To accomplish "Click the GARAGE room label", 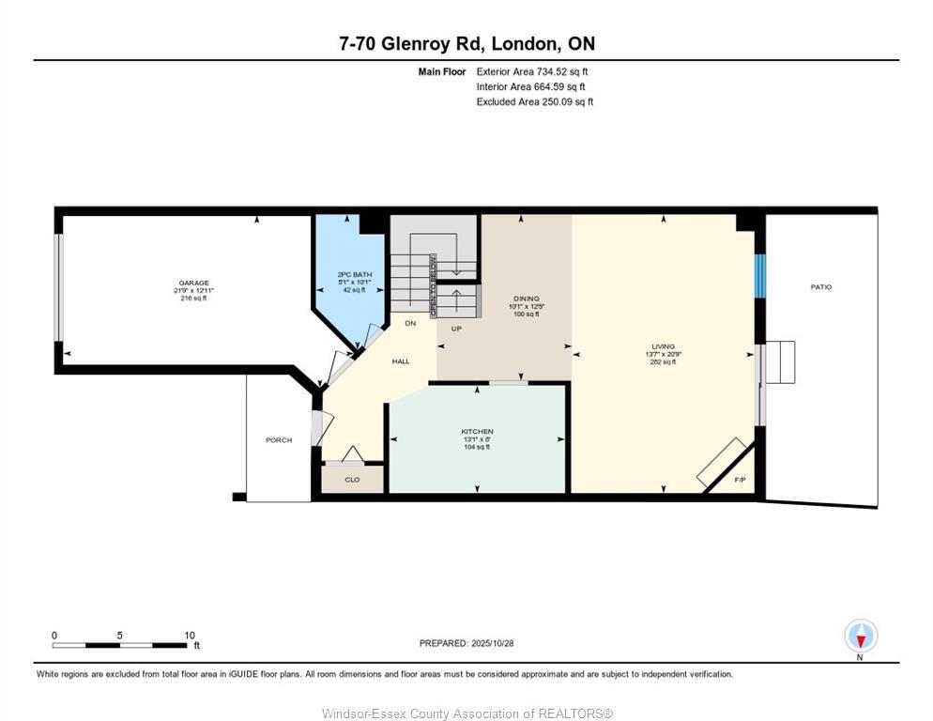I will [x=194, y=283].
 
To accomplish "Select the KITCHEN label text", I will [x=477, y=431].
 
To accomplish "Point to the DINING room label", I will [x=526, y=298].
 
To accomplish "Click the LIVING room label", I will [x=664, y=346].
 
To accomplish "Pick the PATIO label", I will [x=821, y=287].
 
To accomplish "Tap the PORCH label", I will [x=279, y=440].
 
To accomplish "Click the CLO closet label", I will [x=352, y=480].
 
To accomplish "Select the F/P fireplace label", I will [x=739, y=479].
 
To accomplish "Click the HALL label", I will [x=401, y=361].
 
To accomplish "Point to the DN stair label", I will [x=410, y=324].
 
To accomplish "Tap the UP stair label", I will [x=456, y=330].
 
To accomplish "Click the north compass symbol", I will [x=860, y=637].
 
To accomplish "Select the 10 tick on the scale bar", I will [x=189, y=636].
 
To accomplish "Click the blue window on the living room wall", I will [x=760, y=275].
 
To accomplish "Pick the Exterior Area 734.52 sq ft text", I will [x=532, y=71].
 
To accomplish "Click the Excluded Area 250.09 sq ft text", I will [x=534, y=101].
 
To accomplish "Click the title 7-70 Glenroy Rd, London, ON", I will [x=466, y=43].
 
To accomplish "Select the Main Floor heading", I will [x=441, y=71].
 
